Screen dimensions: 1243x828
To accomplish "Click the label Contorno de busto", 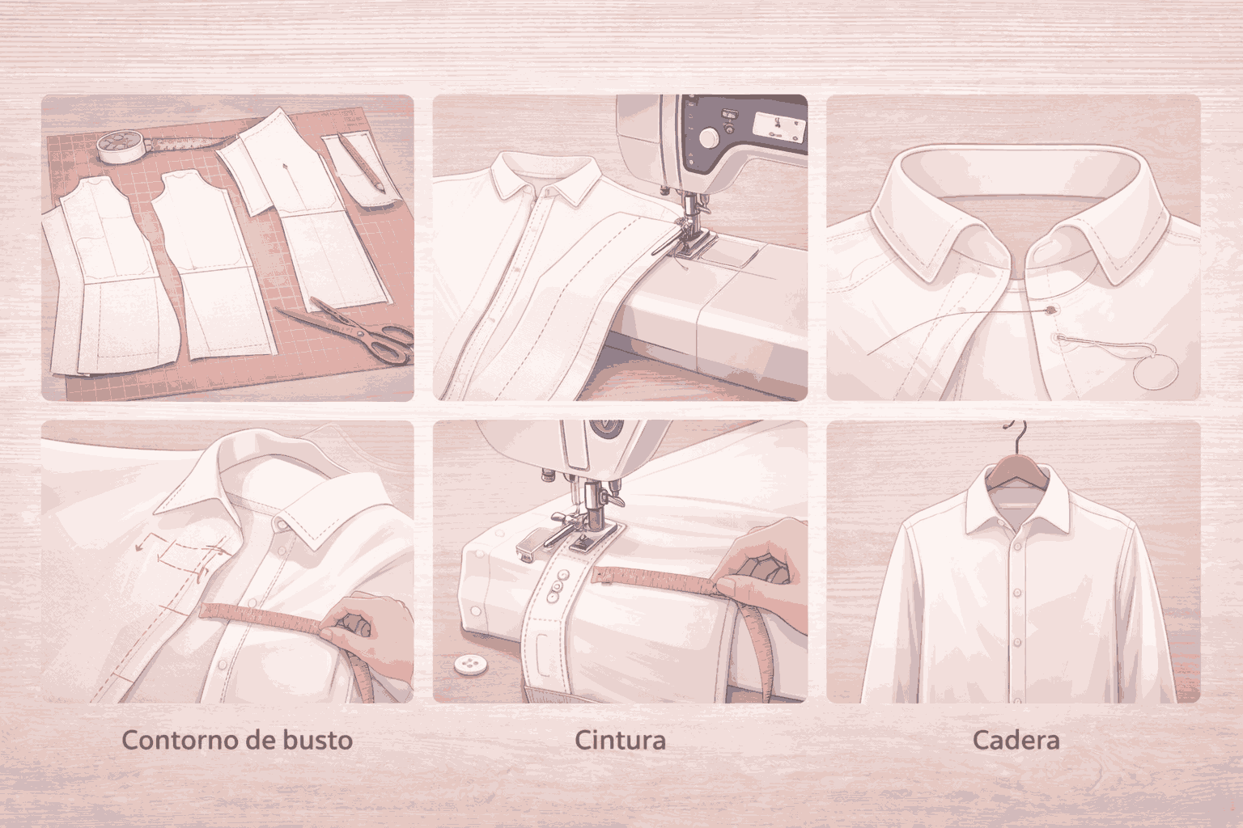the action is click(x=237, y=741).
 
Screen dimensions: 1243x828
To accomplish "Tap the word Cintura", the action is click(x=620, y=741).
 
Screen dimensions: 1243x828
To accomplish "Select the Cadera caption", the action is click(x=1016, y=741).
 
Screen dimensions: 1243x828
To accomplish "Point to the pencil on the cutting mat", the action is click(x=361, y=163).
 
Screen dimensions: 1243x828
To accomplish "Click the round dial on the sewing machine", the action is click(x=708, y=138).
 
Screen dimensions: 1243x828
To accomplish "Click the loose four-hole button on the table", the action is click(x=470, y=665).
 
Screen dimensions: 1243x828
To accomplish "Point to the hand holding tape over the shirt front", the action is click(x=362, y=629).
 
